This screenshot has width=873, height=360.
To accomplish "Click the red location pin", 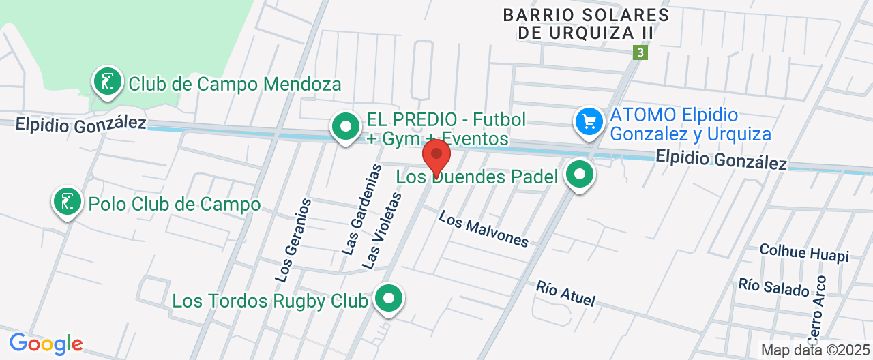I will point(436,157).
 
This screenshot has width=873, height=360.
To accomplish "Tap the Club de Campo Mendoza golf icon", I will point(107,83).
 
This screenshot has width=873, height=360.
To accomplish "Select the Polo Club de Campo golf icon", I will point(67,203).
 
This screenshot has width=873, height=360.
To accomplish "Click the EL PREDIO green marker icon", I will point(346,127).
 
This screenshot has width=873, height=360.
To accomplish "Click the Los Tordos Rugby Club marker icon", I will point(389,299).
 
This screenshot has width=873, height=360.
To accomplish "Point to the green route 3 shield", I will point(640,52).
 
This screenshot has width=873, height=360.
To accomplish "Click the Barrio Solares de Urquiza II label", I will point(586,23).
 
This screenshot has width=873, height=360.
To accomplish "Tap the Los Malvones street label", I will point(484,228).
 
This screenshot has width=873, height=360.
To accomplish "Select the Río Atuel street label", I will point(565,293).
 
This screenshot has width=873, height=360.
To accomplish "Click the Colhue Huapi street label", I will point(804,252).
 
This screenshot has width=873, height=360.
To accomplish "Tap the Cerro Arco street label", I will point(817,310).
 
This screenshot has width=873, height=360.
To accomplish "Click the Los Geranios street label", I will point(294,240).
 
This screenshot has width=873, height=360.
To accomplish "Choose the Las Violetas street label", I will point(382,230).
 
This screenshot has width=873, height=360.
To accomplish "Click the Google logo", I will point(46,343).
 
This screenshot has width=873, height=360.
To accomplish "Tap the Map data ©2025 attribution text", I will point(815,350).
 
